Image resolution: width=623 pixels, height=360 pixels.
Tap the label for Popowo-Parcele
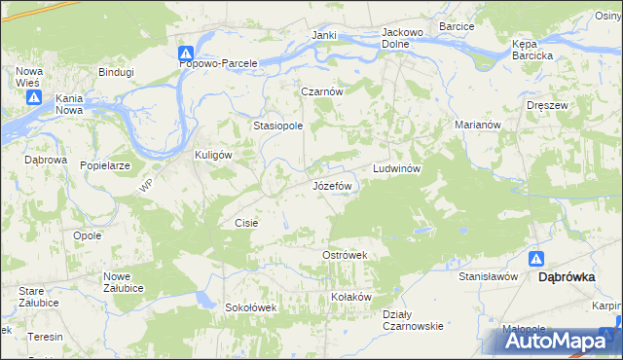click(x=219, y=63)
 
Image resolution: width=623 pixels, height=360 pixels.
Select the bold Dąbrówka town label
click(x=568, y=276)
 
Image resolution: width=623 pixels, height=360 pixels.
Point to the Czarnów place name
click(x=322, y=91)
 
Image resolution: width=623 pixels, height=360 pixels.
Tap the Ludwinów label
click(x=396, y=168)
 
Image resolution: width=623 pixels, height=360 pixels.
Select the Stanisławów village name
click(x=488, y=276)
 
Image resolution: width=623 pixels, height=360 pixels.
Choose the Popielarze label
click(x=105, y=165)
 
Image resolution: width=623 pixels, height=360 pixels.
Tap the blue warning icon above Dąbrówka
click(x=536, y=259)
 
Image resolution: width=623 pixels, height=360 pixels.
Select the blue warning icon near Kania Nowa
click(x=34, y=97)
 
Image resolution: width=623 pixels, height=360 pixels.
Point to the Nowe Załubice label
click(x=124, y=282)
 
